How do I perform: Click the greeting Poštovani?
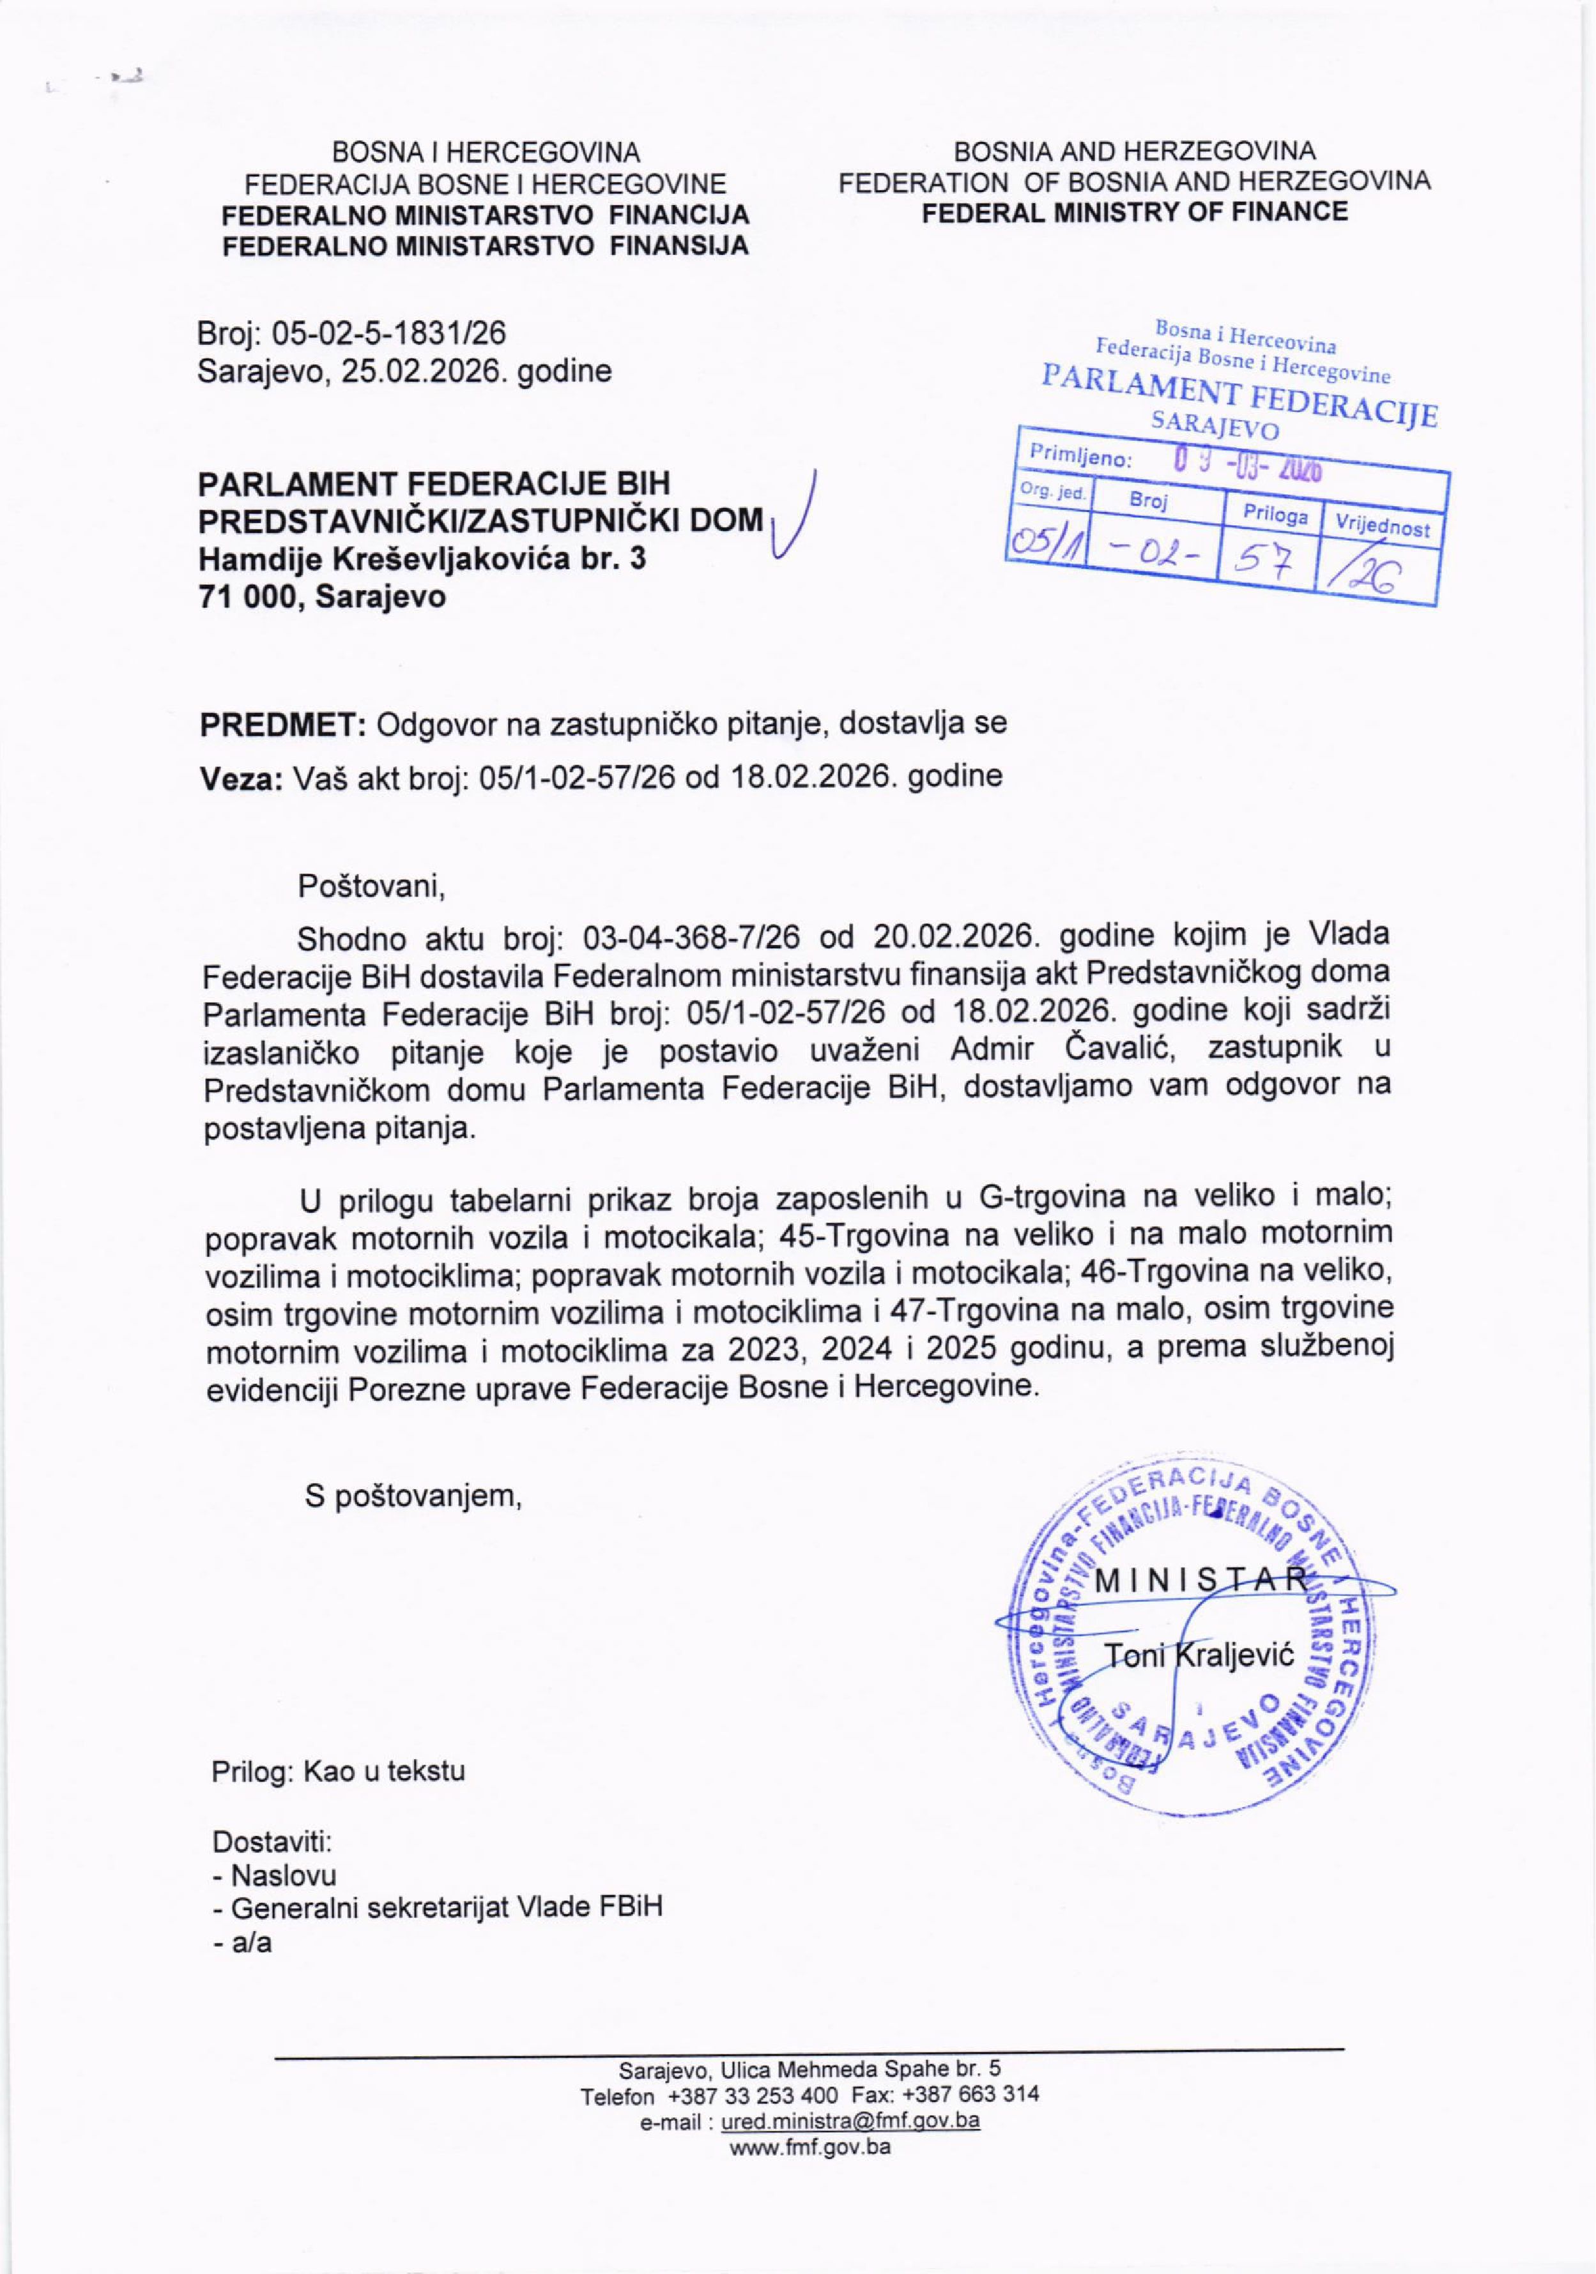(371, 886)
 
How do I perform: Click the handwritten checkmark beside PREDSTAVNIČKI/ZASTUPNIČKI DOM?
(799, 525)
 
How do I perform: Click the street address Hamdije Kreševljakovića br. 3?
(422, 559)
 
